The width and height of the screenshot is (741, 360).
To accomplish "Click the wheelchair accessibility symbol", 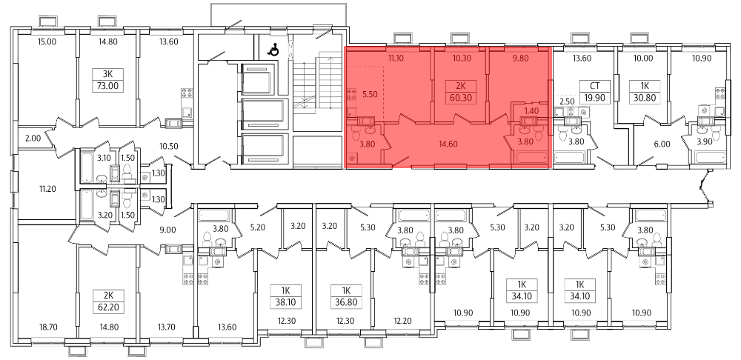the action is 273,50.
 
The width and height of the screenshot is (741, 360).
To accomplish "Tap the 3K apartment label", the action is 109,73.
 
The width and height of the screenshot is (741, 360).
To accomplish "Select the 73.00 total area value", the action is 109,86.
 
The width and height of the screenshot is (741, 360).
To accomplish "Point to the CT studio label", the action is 595,86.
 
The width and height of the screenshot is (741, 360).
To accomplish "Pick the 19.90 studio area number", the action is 595,99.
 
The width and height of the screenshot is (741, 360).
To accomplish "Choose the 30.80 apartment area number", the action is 643,99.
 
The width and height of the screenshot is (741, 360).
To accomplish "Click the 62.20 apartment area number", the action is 109,308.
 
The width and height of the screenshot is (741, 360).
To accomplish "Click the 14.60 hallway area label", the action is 448,144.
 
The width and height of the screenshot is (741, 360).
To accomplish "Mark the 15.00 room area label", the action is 47,41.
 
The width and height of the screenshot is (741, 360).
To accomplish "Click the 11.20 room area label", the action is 47,189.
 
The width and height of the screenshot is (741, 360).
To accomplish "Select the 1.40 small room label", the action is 531,112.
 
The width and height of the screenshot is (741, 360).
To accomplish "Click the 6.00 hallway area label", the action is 662,144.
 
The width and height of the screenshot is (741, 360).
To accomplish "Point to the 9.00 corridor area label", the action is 168,230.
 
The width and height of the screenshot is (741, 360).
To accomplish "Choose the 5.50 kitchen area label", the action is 370,93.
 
